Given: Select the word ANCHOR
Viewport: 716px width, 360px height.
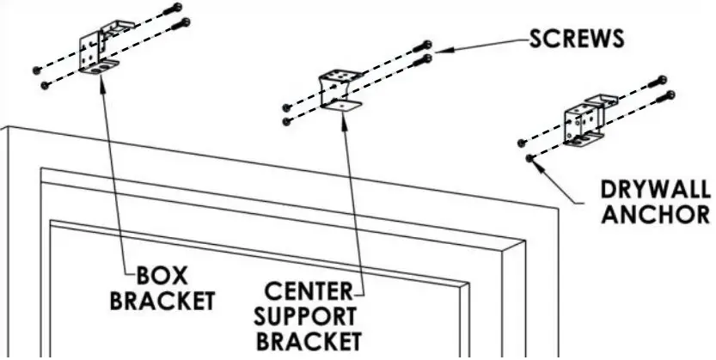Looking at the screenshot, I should pyautogui.click(x=656, y=214).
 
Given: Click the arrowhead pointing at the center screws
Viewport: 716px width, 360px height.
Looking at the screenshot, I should pyautogui.click(x=440, y=52).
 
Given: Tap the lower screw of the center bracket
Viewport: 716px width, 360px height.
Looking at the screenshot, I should pyautogui.click(x=426, y=59).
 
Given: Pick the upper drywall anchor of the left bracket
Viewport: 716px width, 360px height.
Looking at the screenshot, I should pyautogui.click(x=35, y=69).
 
